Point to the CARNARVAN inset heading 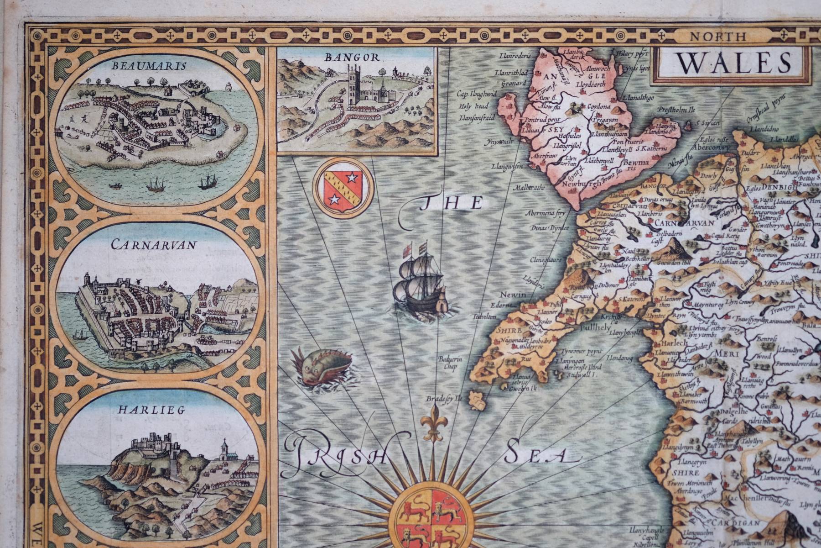click(154, 245)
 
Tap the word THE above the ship click(451, 203)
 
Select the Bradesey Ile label click(444, 398)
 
